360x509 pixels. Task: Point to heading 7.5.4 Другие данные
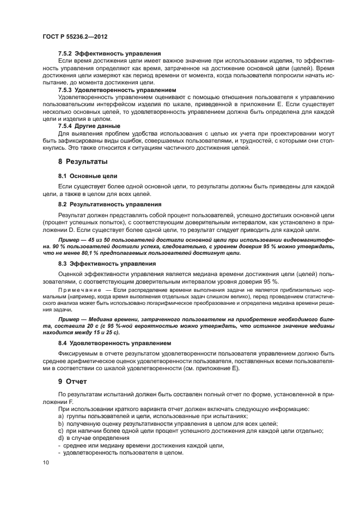(89, 125)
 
